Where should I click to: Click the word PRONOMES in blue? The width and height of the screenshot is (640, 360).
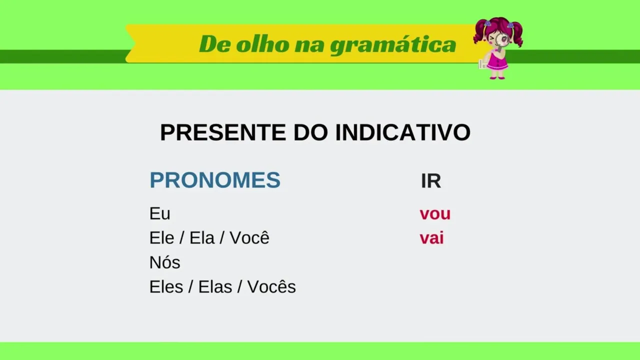coord(215,180)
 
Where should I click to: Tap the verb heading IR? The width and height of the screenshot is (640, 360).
coord(431,181)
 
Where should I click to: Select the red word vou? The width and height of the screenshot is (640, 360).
coord(435,214)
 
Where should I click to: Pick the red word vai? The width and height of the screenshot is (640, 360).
coord(431,238)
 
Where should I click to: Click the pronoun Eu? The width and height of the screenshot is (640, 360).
coord(159,213)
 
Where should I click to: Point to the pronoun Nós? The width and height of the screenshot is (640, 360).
coord(164,262)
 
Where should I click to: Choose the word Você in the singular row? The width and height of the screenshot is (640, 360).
coord(249,237)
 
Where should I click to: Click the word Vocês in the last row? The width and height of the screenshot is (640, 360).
coord(271,286)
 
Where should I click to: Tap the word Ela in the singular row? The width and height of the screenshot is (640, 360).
coord(201,237)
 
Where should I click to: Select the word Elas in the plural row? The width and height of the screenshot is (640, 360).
coord(215,286)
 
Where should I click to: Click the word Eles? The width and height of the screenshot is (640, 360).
coord(166,286)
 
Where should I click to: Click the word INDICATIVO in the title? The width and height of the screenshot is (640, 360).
coord(403,132)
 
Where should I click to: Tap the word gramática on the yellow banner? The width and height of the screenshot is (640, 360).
coord(393,44)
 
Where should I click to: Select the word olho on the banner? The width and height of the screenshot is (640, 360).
coord(262,44)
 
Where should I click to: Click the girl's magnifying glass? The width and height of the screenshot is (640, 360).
coord(501,40)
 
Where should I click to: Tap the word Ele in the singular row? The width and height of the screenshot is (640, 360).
coord(161,237)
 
